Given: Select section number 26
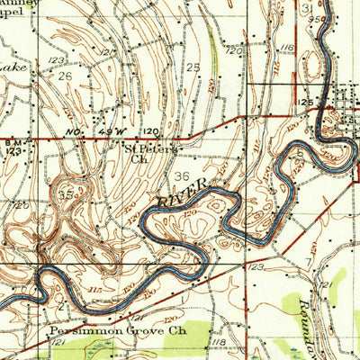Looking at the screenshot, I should click(x=64, y=77).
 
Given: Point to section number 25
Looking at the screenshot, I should click(x=193, y=68).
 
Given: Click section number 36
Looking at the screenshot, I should click(x=183, y=177).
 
